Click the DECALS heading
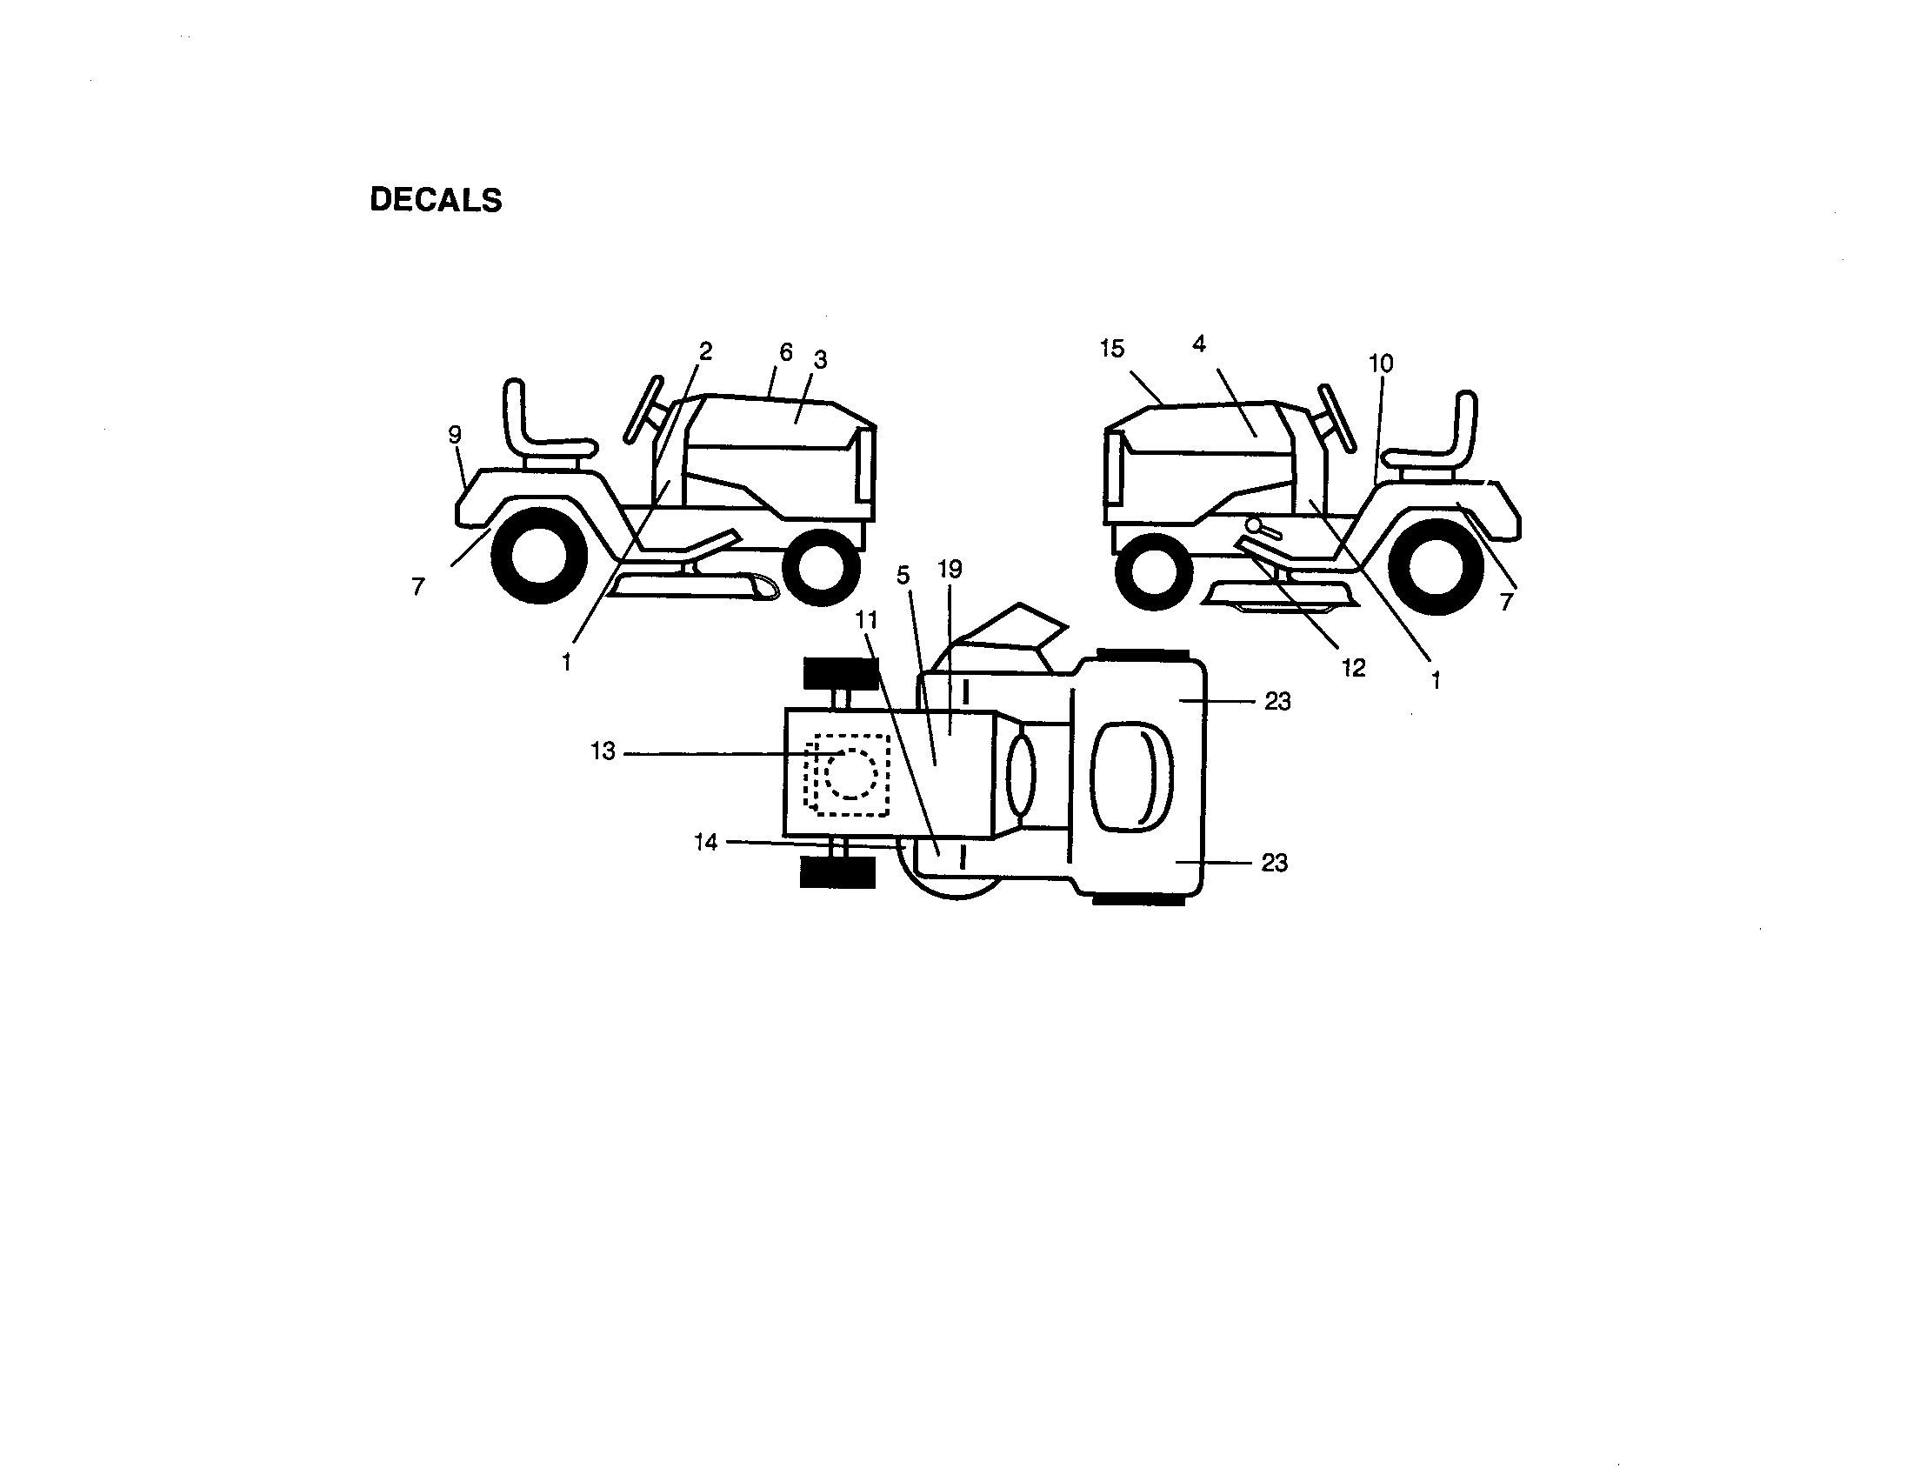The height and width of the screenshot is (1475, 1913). [x=437, y=200]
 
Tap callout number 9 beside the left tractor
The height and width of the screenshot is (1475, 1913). [x=455, y=435]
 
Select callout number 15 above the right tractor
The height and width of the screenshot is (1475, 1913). [x=1111, y=349]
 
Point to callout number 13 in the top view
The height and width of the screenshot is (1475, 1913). [x=603, y=751]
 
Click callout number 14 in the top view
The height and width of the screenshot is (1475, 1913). [x=706, y=842]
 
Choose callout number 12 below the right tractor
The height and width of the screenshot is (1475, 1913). [x=1353, y=668]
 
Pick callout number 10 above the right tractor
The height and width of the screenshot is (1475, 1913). [x=1381, y=363]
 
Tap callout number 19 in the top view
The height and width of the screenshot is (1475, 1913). [x=950, y=570]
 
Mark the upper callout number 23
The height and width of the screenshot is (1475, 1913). [x=1277, y=702]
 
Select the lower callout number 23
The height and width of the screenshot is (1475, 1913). [x=1275, y=863]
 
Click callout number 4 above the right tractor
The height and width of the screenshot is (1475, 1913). [x=1199, y=344]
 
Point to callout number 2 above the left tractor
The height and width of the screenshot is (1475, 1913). [x=705, y=351]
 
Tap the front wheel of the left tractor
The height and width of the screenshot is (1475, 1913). [x=821, y=569]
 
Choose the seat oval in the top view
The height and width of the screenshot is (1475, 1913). [x=1130, y=776]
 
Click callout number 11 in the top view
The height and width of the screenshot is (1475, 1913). [x=866, y=620]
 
